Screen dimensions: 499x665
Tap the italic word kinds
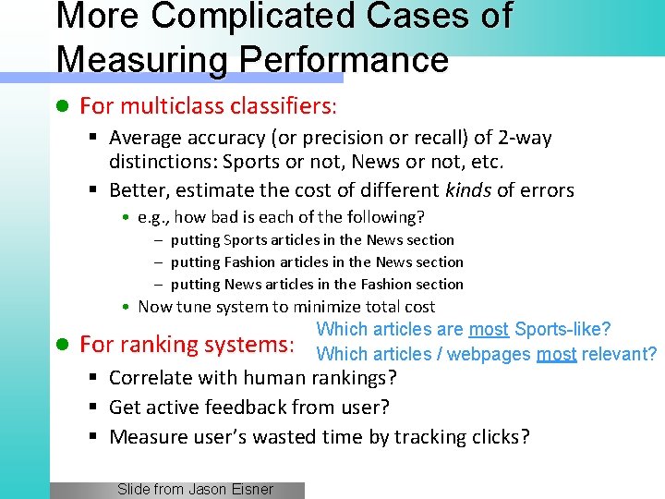pos(468,190)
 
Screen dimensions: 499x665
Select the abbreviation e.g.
pos(152,217)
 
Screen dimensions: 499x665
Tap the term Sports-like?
pos(563,329)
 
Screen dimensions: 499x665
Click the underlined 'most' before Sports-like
pos(489,329)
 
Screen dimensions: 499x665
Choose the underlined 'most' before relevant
pos(556,354)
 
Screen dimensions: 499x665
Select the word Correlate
pos(151,377)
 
